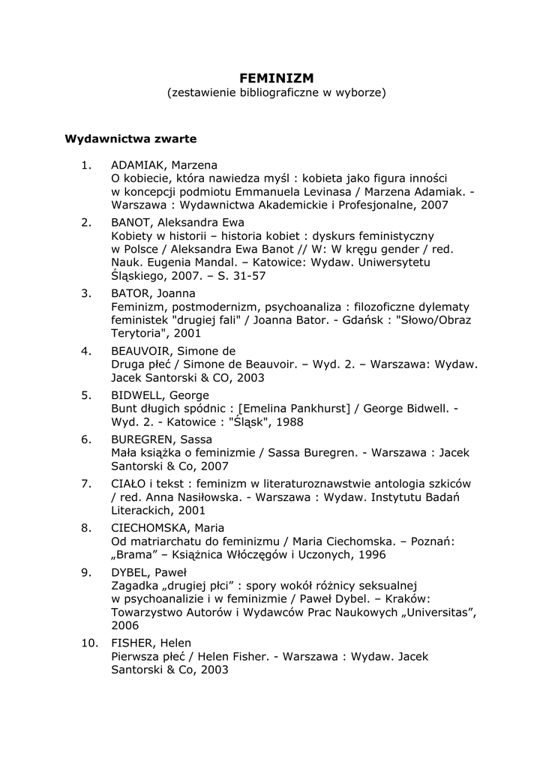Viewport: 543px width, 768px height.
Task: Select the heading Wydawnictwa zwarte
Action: coord(130,139)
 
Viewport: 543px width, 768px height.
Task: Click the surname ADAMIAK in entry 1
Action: coord(139,165)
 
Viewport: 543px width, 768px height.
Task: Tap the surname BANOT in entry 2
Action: coord(133,223)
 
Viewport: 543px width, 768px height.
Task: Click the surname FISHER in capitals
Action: coord(133,643)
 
